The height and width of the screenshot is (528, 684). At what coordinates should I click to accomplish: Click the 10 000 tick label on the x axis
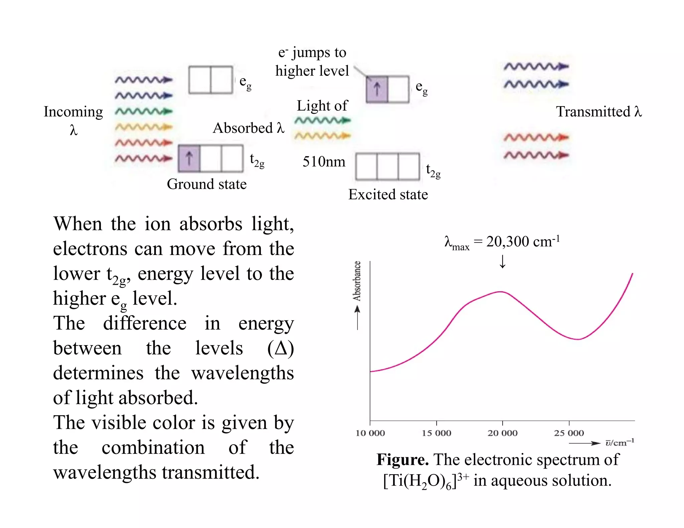(370, 433)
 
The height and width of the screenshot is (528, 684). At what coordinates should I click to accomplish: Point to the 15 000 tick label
(436, 433)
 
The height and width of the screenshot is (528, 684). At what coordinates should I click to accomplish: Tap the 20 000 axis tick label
(502, 433)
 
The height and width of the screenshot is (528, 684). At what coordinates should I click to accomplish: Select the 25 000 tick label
(569, 433)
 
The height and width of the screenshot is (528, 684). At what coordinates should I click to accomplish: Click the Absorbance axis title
(357, 281)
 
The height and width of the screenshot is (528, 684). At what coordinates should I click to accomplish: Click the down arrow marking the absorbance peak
(502, 262)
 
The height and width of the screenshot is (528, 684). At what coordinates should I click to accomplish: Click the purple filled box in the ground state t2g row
(189, 158)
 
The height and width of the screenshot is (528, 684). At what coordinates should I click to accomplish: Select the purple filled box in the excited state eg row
(377, 89)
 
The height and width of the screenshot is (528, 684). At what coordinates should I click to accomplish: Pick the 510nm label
(324, 162)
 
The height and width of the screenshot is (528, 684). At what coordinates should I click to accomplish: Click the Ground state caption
(207, 184)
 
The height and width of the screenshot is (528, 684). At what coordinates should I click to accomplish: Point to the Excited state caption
(388, 195)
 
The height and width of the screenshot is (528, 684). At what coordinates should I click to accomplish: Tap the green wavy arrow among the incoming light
(144, 111)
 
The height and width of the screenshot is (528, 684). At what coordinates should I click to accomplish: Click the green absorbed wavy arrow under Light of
(323, 120)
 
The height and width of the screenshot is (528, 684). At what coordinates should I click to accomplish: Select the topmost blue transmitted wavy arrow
(536, 66)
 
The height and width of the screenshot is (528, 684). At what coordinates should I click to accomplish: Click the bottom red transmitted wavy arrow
(536, 155)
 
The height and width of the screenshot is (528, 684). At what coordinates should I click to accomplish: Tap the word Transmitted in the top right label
(593, 112)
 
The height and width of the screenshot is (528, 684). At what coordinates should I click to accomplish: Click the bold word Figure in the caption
(402, 460)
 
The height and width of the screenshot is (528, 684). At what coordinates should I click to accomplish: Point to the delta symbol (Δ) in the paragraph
(281, 348)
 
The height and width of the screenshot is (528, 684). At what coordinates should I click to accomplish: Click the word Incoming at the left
(73, 112)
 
